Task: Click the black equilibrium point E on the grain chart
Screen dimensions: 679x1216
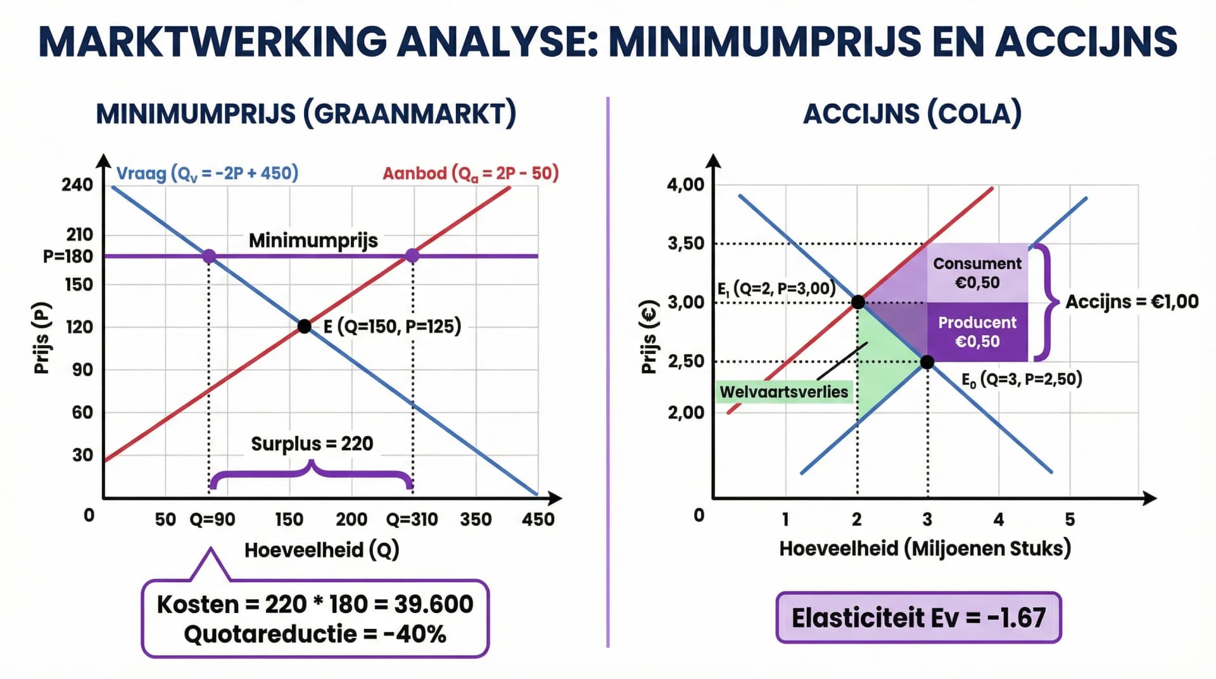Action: pyautogui.click(x=305, y=326)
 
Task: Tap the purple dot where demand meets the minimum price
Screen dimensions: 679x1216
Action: pyautogui.click(x=209, y=256)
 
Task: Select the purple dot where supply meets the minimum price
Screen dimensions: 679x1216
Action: pyautogui.click(x=412, y=255)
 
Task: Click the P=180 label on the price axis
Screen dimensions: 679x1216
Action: pyautogui.click(x=68, y=257)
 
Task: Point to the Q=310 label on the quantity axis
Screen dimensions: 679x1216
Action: pyautogui.click(x=412, y=519)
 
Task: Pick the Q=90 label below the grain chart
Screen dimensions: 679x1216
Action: pyautogui.click(x=212, y=519)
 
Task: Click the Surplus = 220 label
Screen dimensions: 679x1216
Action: pyautogui.click(x=312, y=443)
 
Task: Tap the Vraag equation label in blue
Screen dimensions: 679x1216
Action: pyautogui.click(x=207, y=173)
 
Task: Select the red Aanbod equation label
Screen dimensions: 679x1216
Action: pyautogui.click(x=471, y=173)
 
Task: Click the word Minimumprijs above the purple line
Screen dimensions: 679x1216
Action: pyautogui.click(x=313, y=241)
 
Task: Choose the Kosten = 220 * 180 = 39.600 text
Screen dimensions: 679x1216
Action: pyautogui.click(x=315, y=604)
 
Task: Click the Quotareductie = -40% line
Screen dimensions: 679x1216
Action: pyautogui.click(x=315, y=634)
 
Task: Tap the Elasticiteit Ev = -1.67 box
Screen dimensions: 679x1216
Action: pyautogui.click(x=918, y=618)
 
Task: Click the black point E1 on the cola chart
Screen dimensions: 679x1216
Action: pyautogui.click(x=858, y=302)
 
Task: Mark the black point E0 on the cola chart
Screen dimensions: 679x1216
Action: pyautogui.click(x=927, y=362)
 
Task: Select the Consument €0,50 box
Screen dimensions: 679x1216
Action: pyautogui.click(x=977, y=273)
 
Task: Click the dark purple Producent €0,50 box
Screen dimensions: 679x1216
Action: pyautogui.click(x=977, y=332)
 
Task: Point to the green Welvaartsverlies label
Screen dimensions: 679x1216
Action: pyautogui.click(x=783, y=392)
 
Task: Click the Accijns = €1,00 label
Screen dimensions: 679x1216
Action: pyautogui.click(x=1132, y=301)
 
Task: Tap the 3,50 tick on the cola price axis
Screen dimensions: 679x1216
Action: pyautogui.click(x=685, y=243)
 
